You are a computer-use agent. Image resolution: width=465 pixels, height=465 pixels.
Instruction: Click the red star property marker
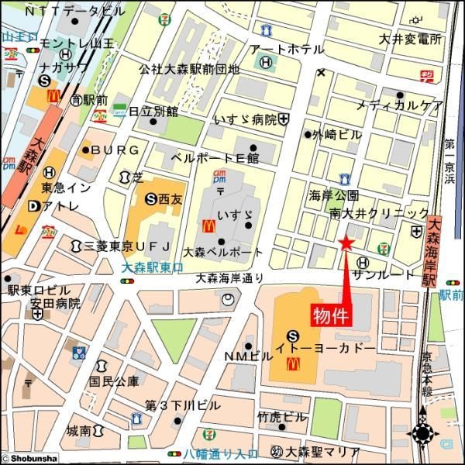346,244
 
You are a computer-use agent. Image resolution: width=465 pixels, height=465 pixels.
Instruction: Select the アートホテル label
287,50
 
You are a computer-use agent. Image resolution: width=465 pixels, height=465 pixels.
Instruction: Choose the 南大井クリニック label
379,212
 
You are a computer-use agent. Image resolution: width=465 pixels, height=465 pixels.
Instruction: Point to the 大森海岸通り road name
229,277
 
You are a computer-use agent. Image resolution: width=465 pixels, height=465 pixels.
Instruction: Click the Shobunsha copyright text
29,458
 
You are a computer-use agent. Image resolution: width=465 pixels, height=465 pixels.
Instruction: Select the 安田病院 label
56,304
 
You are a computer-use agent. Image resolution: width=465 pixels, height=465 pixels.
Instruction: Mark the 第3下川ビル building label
182,405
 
